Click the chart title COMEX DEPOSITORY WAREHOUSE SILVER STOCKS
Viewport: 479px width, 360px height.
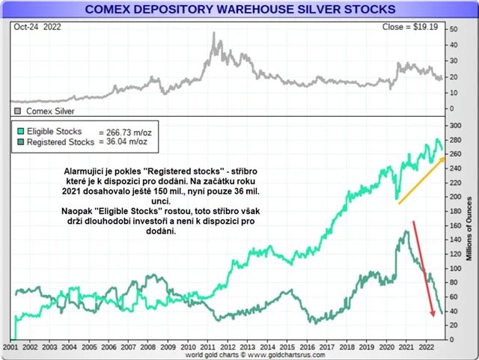pyautogui.click(x=239, y=9)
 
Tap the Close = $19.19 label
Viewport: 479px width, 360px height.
pyautogui.click(x=415, y=26)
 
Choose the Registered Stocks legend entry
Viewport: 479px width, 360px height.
pyautogui.click(x=60, y=141)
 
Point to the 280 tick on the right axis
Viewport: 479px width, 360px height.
pyautogui.click(x=452, y=125)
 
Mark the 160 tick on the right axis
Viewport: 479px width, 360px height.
pyautogui.click(x=452, y=225)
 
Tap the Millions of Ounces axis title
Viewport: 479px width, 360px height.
pyautogui.click(x=470, y=233)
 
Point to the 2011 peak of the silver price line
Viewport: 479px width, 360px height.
pyautogui.click(x=215, y=33)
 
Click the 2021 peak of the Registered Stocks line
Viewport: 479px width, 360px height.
pyautogui.click(x=406, y=231)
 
